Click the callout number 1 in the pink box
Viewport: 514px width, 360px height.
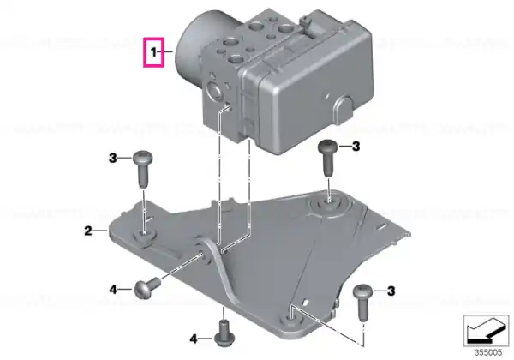(153, 52)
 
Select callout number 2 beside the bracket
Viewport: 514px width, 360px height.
(88, 231)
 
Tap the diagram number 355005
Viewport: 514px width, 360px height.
(488, 352)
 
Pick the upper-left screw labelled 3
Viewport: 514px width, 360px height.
(142, 169)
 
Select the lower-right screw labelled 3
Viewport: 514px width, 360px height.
(363, 303)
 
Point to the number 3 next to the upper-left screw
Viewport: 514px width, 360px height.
(112, 159)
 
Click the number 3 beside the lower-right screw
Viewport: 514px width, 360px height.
(391, 291)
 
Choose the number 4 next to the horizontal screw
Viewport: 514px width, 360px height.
(113, 290)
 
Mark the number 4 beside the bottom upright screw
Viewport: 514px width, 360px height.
(194, 339)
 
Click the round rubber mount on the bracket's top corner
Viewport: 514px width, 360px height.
(329, 206)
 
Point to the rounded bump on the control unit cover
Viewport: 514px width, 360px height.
(344, 110)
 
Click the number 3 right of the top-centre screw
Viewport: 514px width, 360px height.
(356, 147)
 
